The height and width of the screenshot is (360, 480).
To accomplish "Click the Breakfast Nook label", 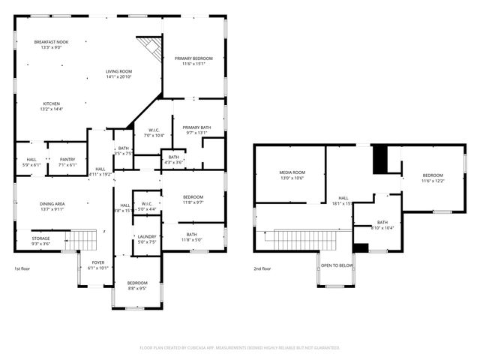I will [51, 42].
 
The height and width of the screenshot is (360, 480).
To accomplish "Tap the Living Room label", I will [118, 71].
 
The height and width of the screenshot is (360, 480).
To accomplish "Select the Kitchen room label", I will [51, 103].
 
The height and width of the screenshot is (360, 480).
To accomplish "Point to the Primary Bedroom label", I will [193, 58].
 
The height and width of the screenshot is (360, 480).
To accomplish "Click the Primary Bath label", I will [196, 127].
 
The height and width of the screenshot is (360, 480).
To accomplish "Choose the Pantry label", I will [67, 159].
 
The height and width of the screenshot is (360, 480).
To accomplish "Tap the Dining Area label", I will [51, 203].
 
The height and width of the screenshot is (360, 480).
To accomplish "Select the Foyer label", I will [98, 262].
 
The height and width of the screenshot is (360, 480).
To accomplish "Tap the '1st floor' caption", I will [22, 268].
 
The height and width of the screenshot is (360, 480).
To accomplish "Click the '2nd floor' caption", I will [262, 268].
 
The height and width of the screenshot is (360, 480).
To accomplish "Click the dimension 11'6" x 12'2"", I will [433, 181].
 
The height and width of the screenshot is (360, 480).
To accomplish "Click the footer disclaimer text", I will [240, 348].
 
